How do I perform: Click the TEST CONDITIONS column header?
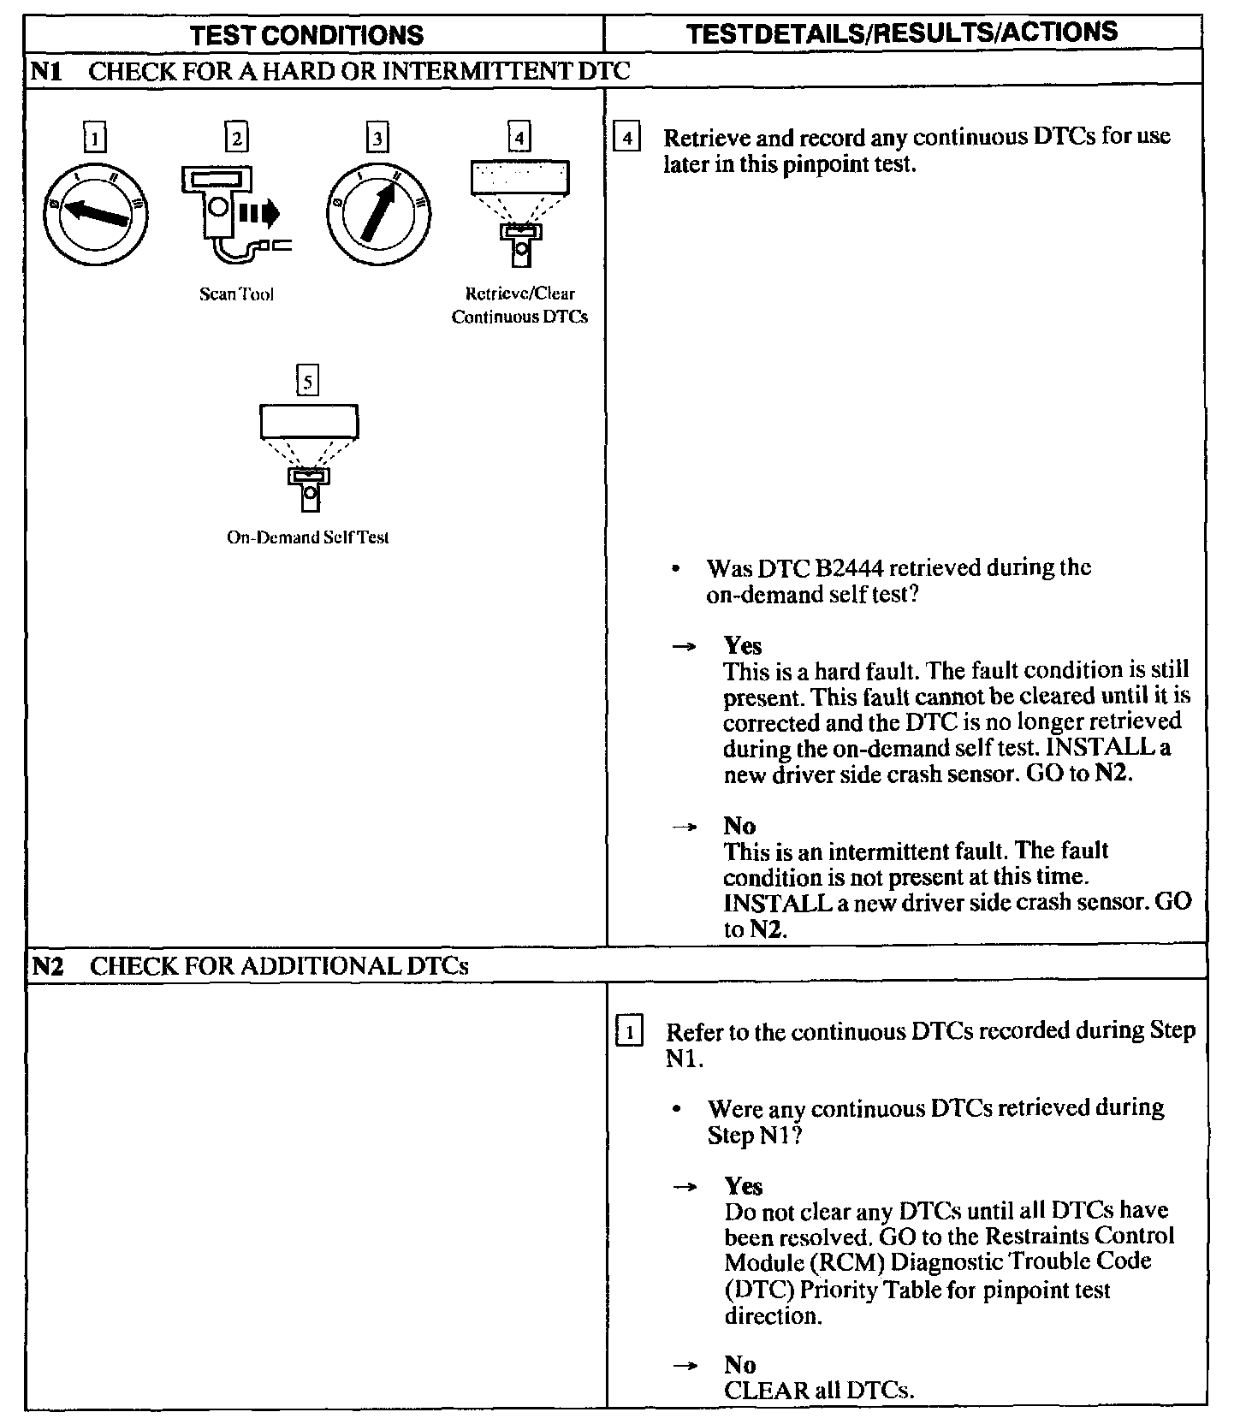tap(307, 35)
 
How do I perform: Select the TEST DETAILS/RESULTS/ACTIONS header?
tap(903, 33)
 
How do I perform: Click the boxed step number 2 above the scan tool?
tap(236, 138)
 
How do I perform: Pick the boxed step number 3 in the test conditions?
tap(377, 138)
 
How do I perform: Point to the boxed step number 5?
tap(307, 380)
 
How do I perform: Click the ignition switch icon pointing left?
tap(96, 214)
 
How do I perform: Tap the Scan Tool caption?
tap(236, 294)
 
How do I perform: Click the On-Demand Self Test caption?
tap(307, 537)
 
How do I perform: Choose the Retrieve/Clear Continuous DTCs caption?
tap(519, 306)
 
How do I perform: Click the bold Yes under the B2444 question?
tap(742, 645)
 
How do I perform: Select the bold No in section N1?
tap(739, 826)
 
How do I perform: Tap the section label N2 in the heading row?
tap(47, 966)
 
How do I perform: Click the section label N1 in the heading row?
tap(45, 71)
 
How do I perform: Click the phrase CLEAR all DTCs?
tap(819, 1391)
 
